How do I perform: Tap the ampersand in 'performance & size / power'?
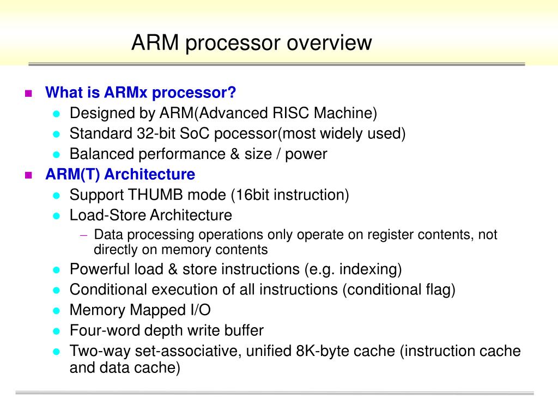pos(235,154)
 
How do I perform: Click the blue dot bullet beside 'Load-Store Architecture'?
pos(56,216)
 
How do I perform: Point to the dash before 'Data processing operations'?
pos(83,235)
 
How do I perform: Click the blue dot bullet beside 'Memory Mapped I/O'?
pos(56,311)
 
